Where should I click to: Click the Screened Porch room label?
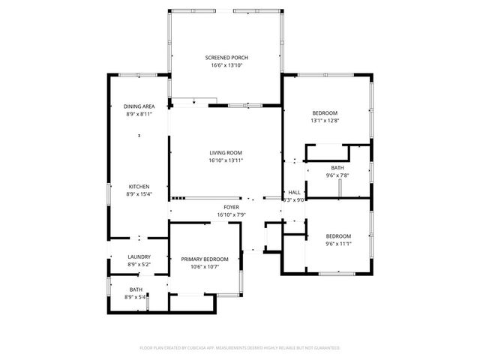click(226, 58)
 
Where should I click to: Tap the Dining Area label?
click(139, 106)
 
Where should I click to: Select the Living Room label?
click(226, 152)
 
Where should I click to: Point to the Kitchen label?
click(139, 187)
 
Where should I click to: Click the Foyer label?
click(231, 207)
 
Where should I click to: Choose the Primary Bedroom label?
click(204, 259)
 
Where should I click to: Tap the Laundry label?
click(139, 256)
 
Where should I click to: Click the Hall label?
click(294, 193)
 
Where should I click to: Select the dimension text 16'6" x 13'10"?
click(226, 65)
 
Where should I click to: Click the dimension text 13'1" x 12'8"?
click(324, 120)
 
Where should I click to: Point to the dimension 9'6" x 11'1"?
click(338, 243)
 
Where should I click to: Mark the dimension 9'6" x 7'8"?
click(337, 175)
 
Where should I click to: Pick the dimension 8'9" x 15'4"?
click(139, 194)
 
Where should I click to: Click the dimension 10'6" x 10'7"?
click(204, 266)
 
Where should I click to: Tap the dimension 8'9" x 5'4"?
click(136, 296)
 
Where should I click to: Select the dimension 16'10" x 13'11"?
click(226, 160)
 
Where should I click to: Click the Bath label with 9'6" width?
click(337, 167)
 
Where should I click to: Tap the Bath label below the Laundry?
click(136, 289)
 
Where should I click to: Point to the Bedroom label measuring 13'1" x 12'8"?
click(324, 112)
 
